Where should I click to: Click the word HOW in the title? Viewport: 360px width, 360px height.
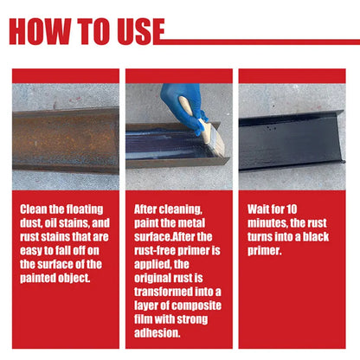tap(40, 31)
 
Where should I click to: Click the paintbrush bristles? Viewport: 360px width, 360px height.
tap(215, 141)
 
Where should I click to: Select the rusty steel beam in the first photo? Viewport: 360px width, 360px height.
tap(66, 141)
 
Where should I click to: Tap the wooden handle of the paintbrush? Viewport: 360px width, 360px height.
tap(193, 112)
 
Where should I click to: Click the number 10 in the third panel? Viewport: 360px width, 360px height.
tap(292, 209)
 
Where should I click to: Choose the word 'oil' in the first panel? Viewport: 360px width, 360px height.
tap(50, 223)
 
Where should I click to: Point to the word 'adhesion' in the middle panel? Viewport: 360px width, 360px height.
tap(157, 333)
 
